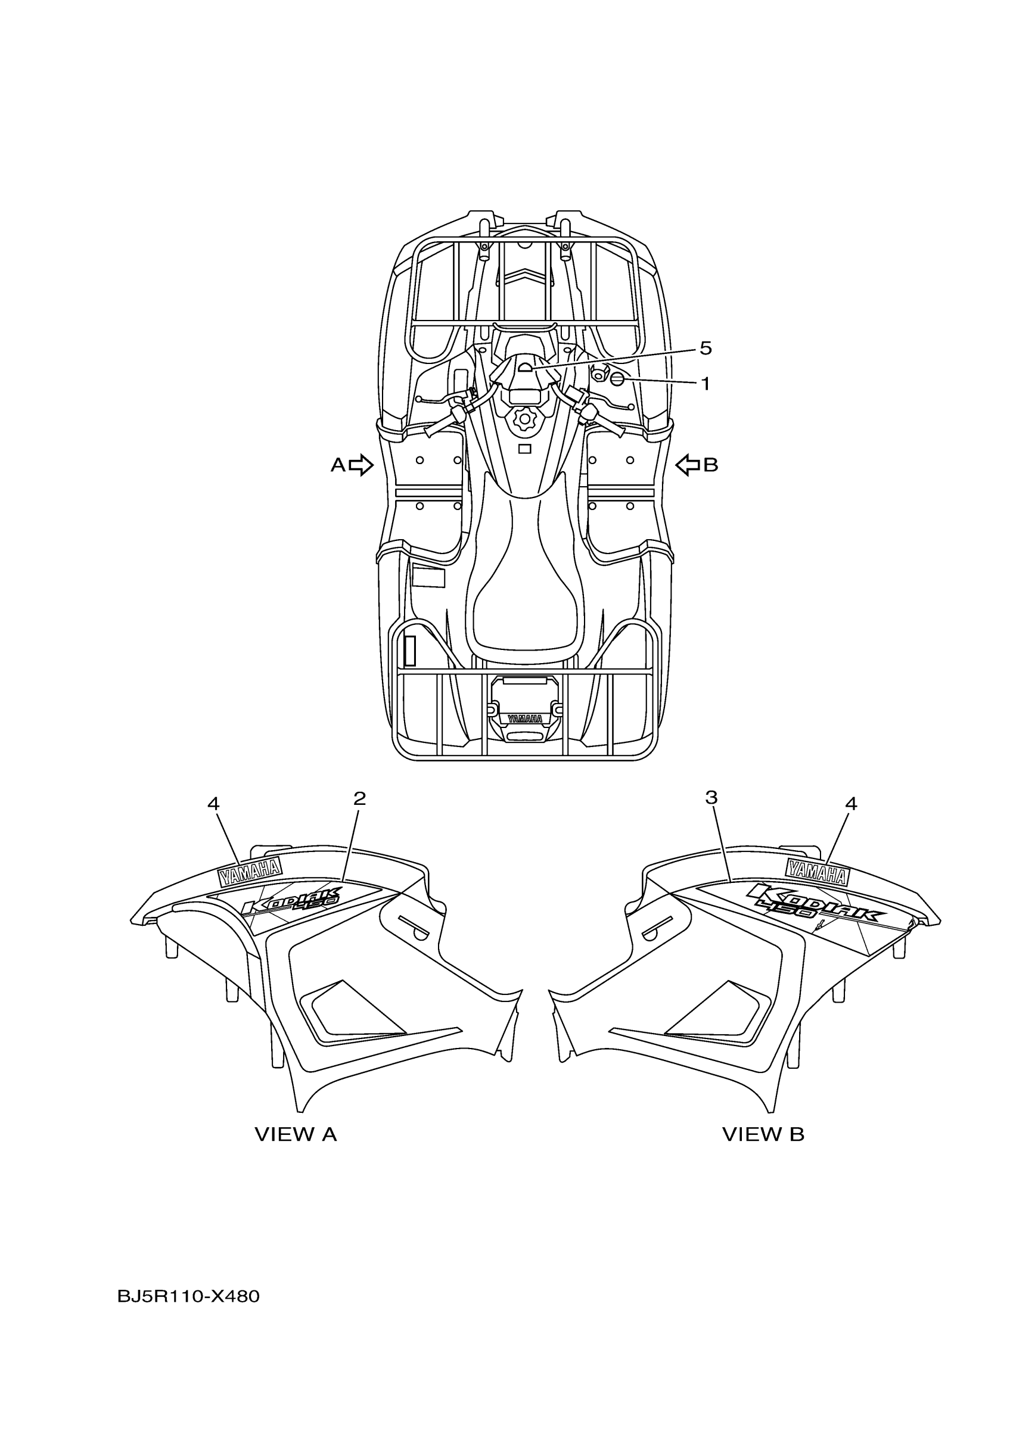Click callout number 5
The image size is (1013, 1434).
[x=705, y=348]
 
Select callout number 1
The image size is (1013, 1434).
[x=706, y=384]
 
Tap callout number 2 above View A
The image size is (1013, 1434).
[x=359, y=798]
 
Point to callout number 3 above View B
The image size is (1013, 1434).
[x=711, y=797]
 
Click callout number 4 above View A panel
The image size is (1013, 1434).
[x=213, y=804]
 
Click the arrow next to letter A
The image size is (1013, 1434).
[x=361, y=465]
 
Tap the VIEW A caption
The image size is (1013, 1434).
[x=296, y=1134]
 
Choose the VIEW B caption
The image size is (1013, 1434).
[x=763, y=1134]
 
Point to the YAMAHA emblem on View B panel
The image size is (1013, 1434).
[x=817, y=870]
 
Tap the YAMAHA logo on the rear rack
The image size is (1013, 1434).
[x=524, y=719]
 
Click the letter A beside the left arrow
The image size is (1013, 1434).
[x=337, y=465]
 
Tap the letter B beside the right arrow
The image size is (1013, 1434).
[x=711, y=465]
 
